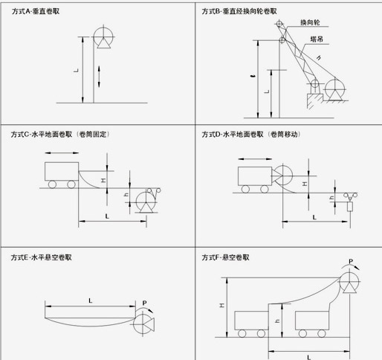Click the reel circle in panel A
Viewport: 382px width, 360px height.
103,37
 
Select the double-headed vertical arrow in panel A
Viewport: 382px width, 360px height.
102,75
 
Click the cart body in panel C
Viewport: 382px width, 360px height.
62,171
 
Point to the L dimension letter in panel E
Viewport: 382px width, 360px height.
89,300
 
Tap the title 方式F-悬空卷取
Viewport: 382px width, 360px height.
226,257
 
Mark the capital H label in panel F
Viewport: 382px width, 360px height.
221,305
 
